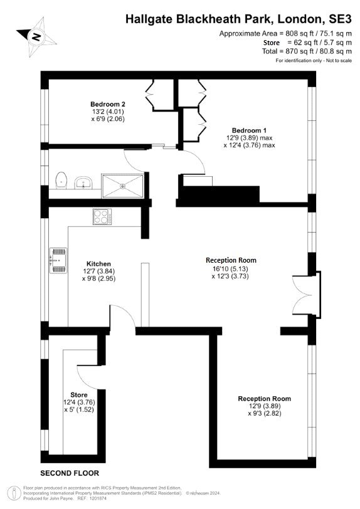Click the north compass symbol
tap(36, 36)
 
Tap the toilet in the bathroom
tap(61, 180)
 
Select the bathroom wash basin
tap(83, 183)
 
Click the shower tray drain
tap(123, 186)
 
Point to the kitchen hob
tap(102, 216)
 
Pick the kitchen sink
tap(58, 260)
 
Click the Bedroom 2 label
tap(107, 104)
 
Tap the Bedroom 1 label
tap(249, 130)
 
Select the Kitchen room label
tap(98, 263)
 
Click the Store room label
tap(79, 395)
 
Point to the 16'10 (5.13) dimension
tap(230, 269)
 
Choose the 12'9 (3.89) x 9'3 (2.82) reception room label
tap(265, 406)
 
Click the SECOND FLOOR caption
tap(70, 473)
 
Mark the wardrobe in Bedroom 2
tap(159, 94)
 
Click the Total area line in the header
tap(307, 51)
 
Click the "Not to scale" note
tap(339, 60)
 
